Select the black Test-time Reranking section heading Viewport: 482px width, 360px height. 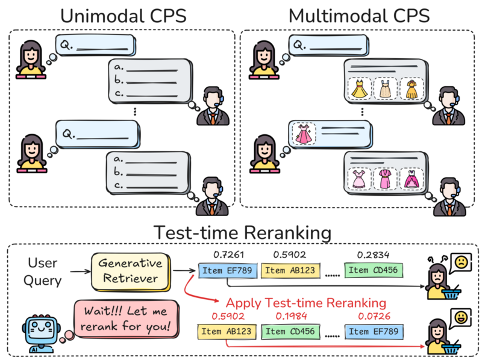242,232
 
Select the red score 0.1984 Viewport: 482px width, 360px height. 290,315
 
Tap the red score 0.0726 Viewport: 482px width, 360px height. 373,315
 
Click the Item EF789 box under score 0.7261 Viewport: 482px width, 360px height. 228,270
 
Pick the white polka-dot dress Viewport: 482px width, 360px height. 386,90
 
